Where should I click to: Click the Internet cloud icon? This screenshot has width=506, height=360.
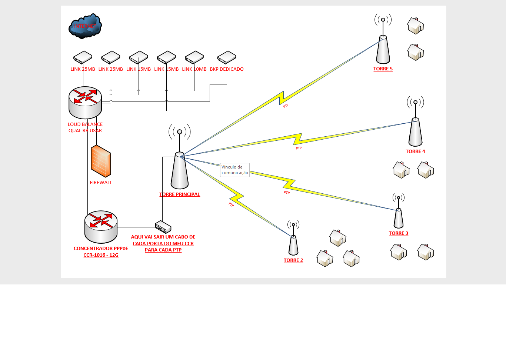tap(85, 26)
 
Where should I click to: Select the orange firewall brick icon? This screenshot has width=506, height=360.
tap(101, 161)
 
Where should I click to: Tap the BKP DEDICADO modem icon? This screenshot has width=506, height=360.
tap(227, 57)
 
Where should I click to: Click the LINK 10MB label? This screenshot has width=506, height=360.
tap(194, 69)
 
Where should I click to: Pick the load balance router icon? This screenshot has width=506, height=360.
tap(85, 102)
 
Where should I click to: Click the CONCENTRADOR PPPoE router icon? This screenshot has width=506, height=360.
tap(101, 227)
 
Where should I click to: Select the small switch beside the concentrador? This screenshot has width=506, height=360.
tap(163, 227)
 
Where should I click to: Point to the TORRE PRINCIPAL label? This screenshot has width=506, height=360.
tap(180, 194)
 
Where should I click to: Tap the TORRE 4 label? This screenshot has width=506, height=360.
tap(415, 151)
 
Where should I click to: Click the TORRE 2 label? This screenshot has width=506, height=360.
tap(293, 260)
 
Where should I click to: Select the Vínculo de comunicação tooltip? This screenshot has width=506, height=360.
tap(235, 170)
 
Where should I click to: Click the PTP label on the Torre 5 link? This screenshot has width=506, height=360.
tap(286, 106)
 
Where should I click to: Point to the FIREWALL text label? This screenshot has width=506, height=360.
tap(101, 183)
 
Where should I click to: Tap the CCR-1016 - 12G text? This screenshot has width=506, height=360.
tap(101, 255)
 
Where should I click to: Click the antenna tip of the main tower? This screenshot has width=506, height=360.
tap(180, 132)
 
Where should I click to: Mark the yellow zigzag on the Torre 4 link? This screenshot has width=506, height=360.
tap(298, 139)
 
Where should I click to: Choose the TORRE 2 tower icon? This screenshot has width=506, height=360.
tap(293, 244)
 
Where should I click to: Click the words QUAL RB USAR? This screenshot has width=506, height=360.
tap(85, 131)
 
